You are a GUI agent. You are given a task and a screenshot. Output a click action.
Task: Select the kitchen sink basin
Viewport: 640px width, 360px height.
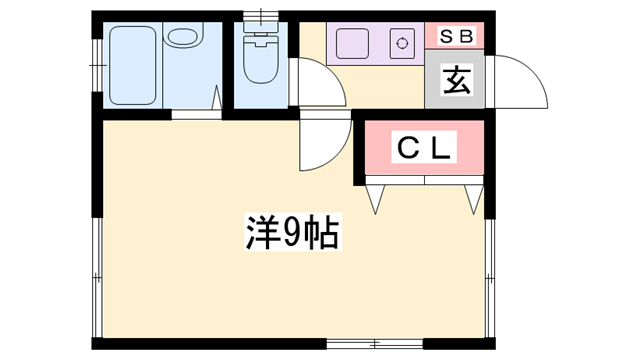[352, 44]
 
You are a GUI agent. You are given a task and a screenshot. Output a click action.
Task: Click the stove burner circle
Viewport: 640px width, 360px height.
[402, 43]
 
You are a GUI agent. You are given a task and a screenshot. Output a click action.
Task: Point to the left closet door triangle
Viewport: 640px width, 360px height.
[376, 197]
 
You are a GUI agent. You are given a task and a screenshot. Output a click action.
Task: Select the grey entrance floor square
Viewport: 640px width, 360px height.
[455, 81]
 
